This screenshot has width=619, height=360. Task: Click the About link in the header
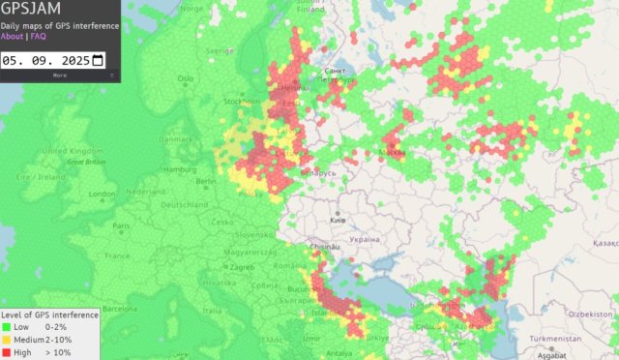click(13, 37)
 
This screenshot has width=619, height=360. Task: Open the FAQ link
click(39, 37)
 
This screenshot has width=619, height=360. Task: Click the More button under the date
click(60, 75)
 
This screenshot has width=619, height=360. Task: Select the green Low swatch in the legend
click(7, 327)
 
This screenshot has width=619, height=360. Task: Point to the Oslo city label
click(187, 78)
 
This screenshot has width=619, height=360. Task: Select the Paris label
click(121, 225)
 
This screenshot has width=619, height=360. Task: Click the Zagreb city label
click(241, 266)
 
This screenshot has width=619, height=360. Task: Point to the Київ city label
click(339, 221)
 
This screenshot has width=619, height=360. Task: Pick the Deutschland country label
click(184, 205)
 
